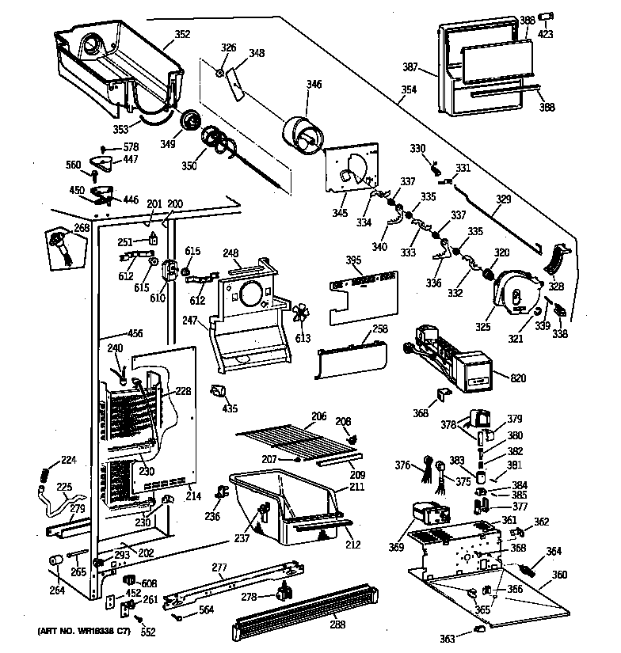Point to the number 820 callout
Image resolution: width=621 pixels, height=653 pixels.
(518, 378)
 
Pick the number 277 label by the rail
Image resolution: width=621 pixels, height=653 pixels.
(219, 568)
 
